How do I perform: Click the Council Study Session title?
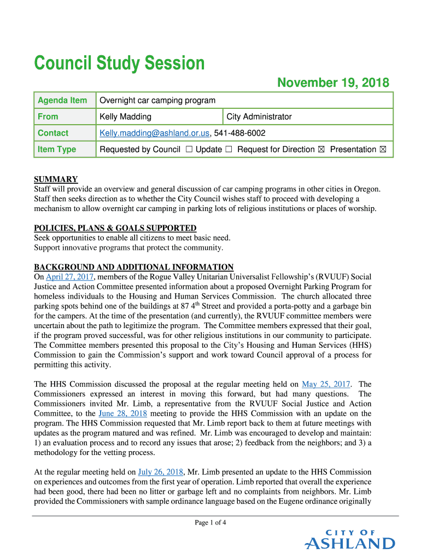pyautogui.click(x=119, y=63)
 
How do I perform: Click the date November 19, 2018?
pyautogui.click(x=333, y=83)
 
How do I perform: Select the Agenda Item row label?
pyautogui.click(x=62, y=100)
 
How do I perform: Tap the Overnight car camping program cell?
pyautogui.click(x=157, y=100)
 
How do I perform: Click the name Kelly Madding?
pyautogui.click(x=125, y=116)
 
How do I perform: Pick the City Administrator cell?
pyautogui.click(x=259, y=116)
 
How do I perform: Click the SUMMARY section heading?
pyautogui.click(x=56, y=179)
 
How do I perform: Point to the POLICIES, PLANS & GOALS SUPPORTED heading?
pyautogui.click(x=115, y=228)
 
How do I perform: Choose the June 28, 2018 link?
pyautogui.click(x=122, y=413)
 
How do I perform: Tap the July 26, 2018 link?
pyautogui.click(x=161, y=472)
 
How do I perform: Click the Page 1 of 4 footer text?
pyautogui.click(x=210, y=522)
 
